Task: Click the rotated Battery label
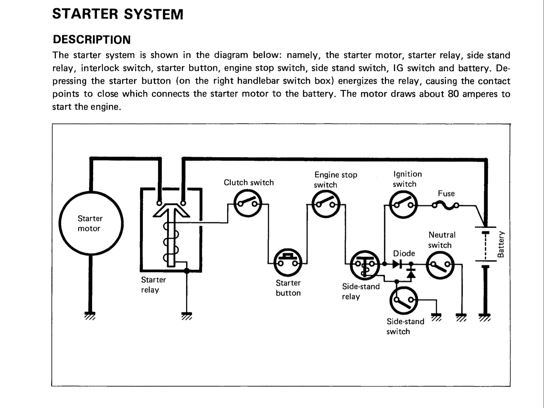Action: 500,244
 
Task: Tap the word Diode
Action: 404,253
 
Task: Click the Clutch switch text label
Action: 249,182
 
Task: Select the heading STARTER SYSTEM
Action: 118,14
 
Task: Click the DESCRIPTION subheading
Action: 92,40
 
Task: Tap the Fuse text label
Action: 446,193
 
